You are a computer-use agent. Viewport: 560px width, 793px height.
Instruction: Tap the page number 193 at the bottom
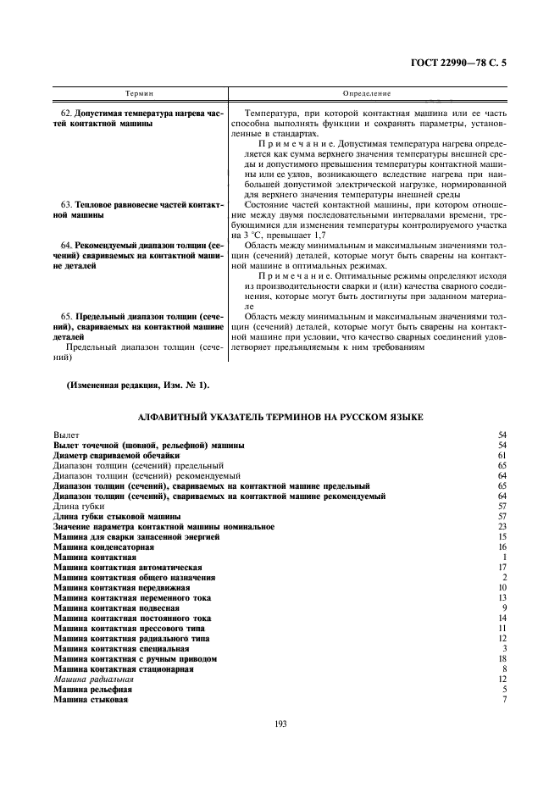click(280, 723)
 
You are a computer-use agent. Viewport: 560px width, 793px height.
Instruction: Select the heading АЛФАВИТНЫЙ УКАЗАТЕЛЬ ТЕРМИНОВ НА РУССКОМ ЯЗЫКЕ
click(280, 417)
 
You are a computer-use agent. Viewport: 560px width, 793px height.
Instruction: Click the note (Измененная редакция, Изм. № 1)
click(137, 385)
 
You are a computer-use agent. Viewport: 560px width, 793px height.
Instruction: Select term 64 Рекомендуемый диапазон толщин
click(139, 255)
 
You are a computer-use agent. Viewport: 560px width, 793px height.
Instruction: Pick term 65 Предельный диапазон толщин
click(139, 326)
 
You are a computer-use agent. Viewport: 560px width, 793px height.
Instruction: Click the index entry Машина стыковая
click(91, 700)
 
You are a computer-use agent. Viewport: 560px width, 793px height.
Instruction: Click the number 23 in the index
click(502, 527)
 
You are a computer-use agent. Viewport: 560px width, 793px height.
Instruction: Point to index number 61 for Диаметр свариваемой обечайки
click(502, 455)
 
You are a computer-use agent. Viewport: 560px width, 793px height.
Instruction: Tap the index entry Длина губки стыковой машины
click(117, 516)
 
